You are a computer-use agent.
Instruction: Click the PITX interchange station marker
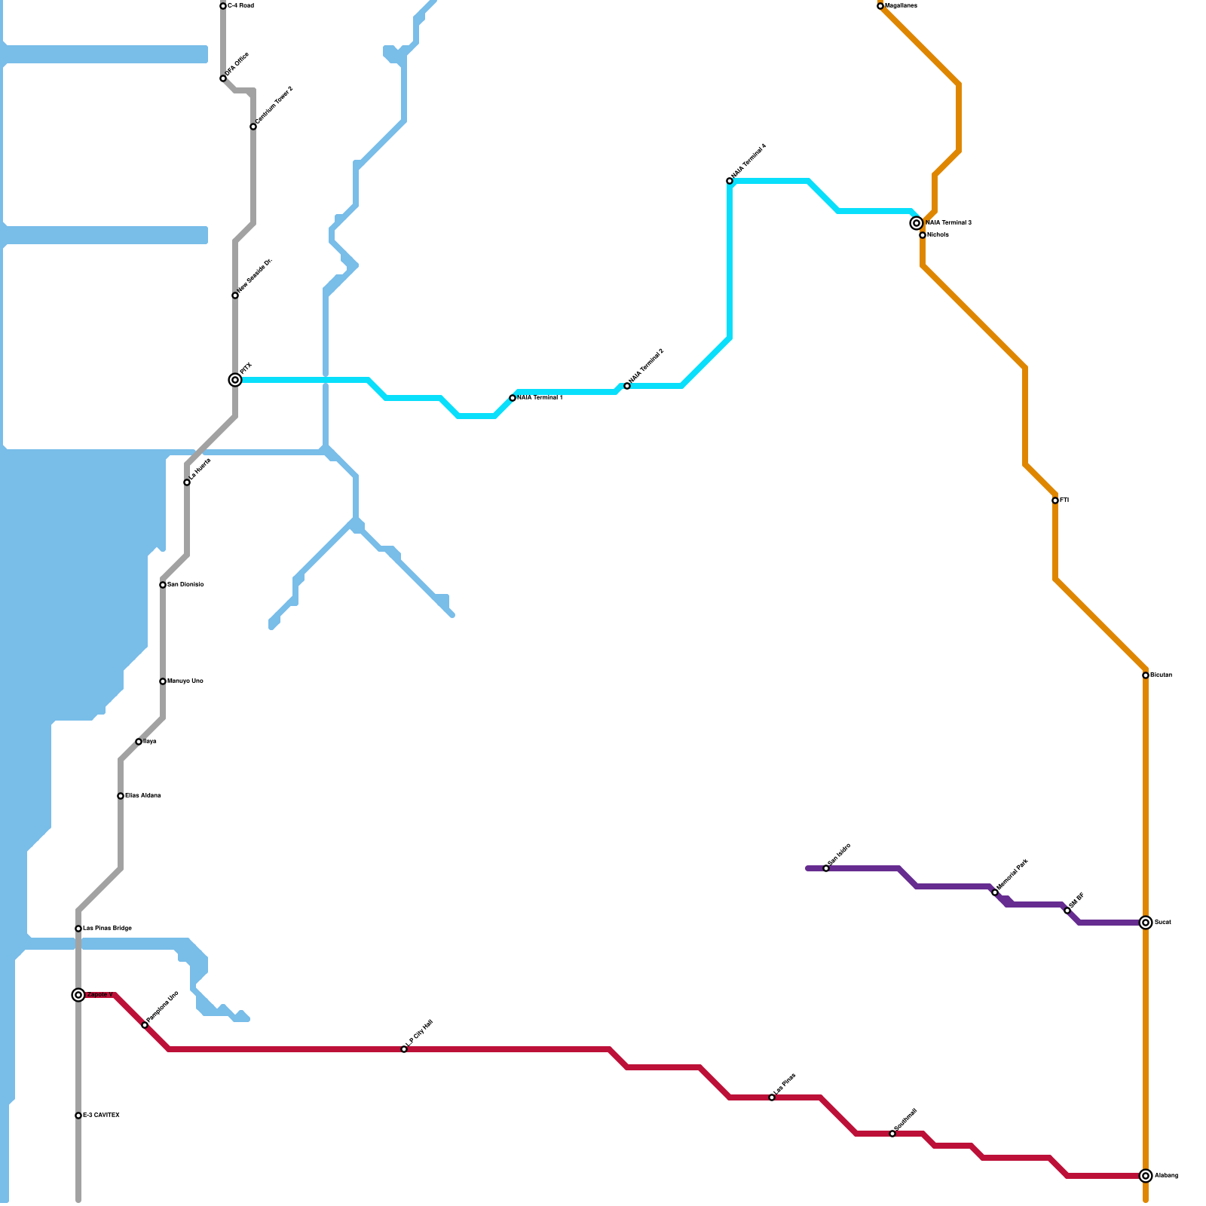pos(235,380)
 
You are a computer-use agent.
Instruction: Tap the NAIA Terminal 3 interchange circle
pos(917,223)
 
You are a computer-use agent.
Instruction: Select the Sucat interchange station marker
pos(1146,923)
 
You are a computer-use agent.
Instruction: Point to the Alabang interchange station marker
pos(1146,1176)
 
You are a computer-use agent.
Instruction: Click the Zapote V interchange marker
pos(78,995)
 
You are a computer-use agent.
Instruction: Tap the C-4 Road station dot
pos(223,6)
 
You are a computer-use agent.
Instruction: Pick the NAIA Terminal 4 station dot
pos(730,181)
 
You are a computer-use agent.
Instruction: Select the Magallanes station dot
pos(880,6)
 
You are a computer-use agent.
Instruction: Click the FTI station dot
pos(1055,500)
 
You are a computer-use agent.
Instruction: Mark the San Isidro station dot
pos(826,868)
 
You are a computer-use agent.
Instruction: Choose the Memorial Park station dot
pos(995,892)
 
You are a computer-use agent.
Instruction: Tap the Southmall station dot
pos(892,1134)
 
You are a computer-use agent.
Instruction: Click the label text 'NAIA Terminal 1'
pos(540,398)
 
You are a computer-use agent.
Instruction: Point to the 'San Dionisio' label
pos(185,585)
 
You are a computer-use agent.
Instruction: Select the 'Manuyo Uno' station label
pos(185,681)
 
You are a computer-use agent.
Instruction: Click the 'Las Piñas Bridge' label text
pos(107,929)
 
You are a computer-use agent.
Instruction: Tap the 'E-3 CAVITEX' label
pos(101,1116)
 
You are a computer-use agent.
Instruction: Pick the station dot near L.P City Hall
pos(404,1049)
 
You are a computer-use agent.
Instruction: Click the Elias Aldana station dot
pos(121,796)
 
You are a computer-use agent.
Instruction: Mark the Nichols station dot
pos(923,235)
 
